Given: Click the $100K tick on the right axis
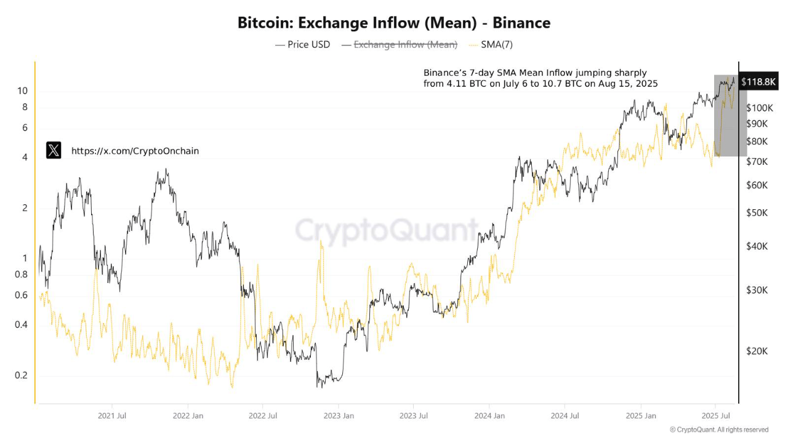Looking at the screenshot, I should pyautogui.click(x=759, y=108).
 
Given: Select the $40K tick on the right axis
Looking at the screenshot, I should pyautogui.click(x=757, y=246).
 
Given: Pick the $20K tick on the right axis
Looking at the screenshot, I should pyautogui.click(x=757, y=351).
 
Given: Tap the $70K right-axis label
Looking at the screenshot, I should pyautogui.click(x=757, y=162).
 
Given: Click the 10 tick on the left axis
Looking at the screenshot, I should pyautogui.click(x=22, y=91).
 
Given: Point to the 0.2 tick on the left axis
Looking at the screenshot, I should pyautogui.click(x=21, y=375).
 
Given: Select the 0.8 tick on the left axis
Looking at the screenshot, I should pyautogui.click(x=21, y=274).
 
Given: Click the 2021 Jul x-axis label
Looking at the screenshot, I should pyautogui.click(x=112, y=416).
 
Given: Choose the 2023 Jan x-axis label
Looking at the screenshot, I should pyautogui.click(x=339, y=416).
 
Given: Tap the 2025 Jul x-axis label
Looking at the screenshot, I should pyautogui.click(x=716, y=416).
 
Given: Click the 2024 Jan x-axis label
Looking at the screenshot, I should pyautogui.click(x=489, y=416).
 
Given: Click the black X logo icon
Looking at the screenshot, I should pyautogui.click(x=54, y=150).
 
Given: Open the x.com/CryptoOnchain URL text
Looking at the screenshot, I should pyautogui.click(x=135, y=151).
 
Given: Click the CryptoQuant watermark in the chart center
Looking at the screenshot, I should pyautogui.click(x=387, y=231).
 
